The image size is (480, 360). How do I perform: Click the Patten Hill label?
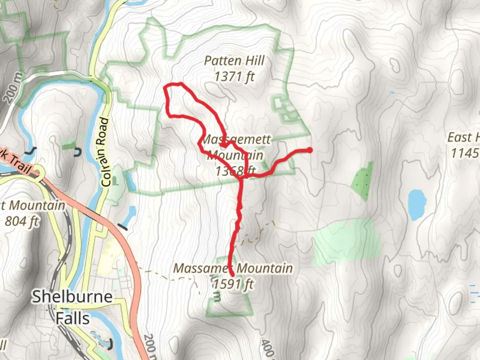tap(234, 61)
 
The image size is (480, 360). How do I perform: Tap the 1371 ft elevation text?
tap(234, 77)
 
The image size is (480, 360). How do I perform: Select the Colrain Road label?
tap(105, 152)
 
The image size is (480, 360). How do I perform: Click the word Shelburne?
tap(72, 296)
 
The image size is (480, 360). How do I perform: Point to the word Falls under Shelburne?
tap(72, 318)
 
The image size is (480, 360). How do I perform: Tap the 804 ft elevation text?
tap(22, 221)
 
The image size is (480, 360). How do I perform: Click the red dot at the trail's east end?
tap(310, 150)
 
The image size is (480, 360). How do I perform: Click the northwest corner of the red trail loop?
tap(165, 88)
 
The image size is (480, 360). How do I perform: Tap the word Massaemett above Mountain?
tap(236, 139)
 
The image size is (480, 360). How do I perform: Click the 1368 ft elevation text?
tap(235, 171)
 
